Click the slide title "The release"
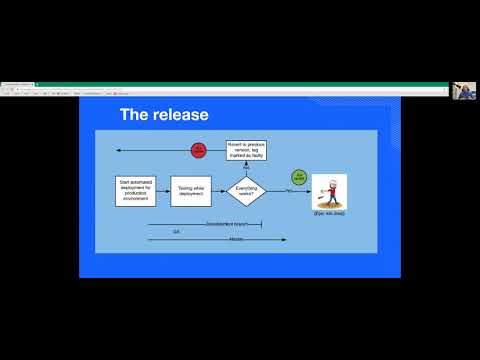(x=164, y=115)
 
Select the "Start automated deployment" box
(x=136, y=190)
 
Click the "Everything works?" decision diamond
(x=246, y=190)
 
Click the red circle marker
(x=199, y=150)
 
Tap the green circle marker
(x=298, y=177)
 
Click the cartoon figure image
(x=329, y=190)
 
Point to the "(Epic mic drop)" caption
(x=329, y=215)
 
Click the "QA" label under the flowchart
(x=177, y=231)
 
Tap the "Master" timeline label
(x=236, y=239)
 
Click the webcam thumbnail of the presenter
(x=464, y=91)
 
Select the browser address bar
(x=200, y=89)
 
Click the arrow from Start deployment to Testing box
(x=164, y=190)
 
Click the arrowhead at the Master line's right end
(x=285, y=239)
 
